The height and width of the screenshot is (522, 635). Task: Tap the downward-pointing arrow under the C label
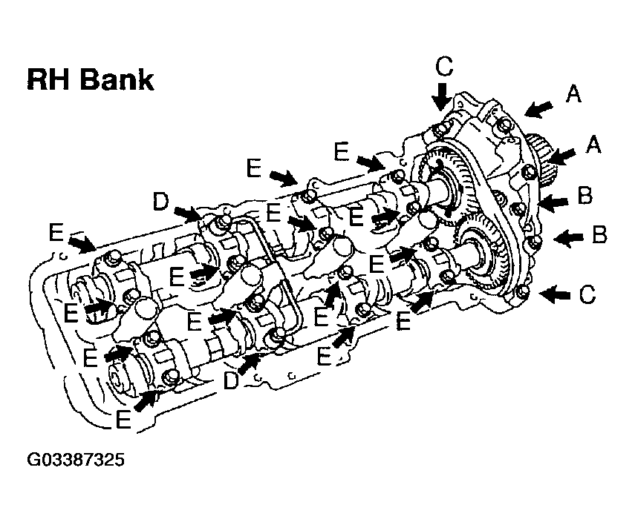pyautogui.click(x=441, y=96)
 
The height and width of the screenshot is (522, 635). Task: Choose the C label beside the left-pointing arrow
pyautogui.click(x=587, y=295)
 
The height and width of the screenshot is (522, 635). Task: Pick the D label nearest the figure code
pyautogui.click(x=231, y=380)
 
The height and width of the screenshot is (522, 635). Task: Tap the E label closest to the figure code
pyautogui.click(x=123, y=418)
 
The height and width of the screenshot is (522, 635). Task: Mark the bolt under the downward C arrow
pyautogui.click(x=441, y=130)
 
